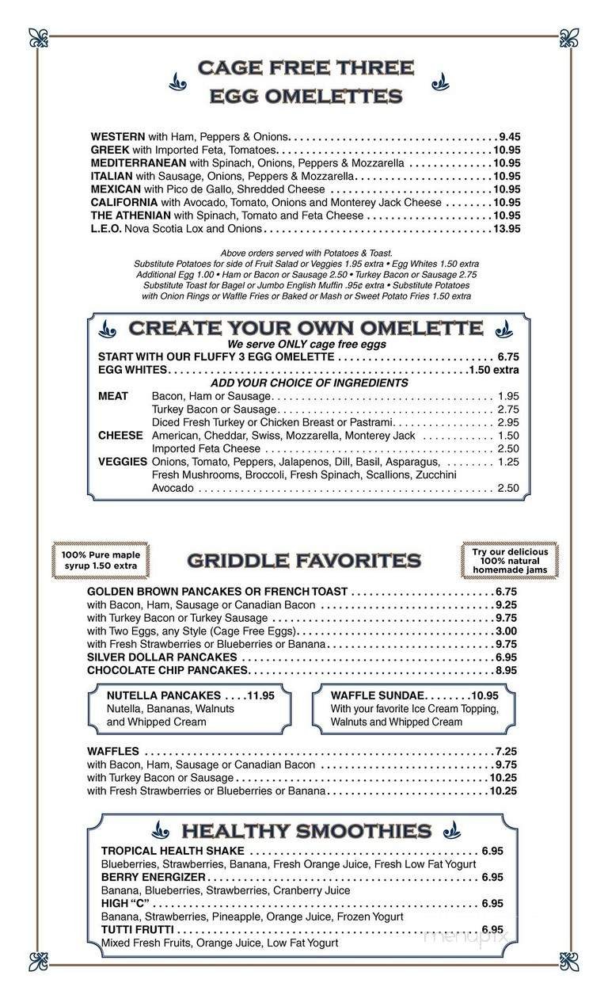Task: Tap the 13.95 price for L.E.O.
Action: tap(506, 229)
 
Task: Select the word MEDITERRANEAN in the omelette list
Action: tap(139, 163)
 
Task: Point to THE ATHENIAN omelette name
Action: tap(131, 215)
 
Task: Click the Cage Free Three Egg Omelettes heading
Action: tap(306, 82)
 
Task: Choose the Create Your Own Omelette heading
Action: tap(306, 328)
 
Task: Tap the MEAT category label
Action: tap(113, 396)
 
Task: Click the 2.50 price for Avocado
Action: tap(508, 489)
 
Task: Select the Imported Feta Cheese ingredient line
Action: tap(206, 449)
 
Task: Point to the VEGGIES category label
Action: tap(123, 462)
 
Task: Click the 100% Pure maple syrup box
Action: tap(101, 561)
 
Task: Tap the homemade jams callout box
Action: tap(510, 561)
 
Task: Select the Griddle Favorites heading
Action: tap(304, 562)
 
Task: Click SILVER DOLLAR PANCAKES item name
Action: tap(162, 657)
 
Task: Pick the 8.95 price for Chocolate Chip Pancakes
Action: tap(506, 670)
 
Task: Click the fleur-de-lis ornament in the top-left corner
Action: tap(38, 37)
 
